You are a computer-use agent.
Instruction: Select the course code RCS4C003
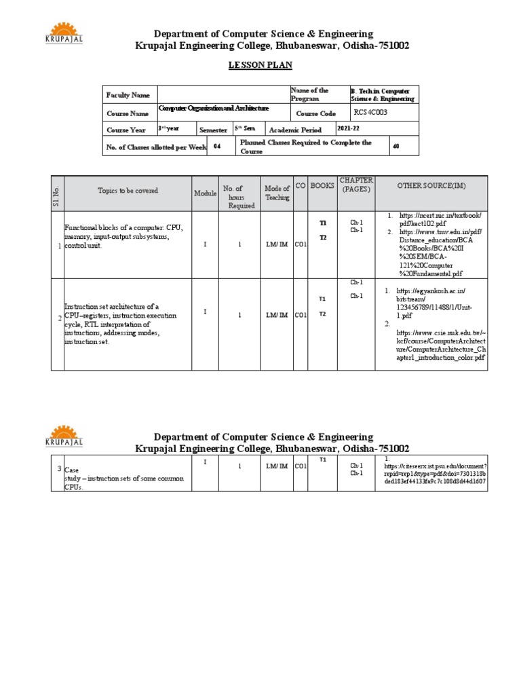tap(371, 113)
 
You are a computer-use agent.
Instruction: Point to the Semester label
tap(213, 130)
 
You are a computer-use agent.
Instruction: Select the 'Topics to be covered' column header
tap(128, 191)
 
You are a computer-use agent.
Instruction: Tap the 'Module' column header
tap(205, 193)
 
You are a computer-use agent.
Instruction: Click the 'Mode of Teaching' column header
tap(277, 193)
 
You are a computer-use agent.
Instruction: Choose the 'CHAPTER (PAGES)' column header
tap(356, 185)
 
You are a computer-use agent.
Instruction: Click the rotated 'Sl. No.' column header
tap(58, 193)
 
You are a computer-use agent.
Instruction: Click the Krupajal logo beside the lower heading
tap(64, 436)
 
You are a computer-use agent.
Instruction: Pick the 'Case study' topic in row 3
tap(121, 478)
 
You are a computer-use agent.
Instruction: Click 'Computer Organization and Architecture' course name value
tap(214, 108)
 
